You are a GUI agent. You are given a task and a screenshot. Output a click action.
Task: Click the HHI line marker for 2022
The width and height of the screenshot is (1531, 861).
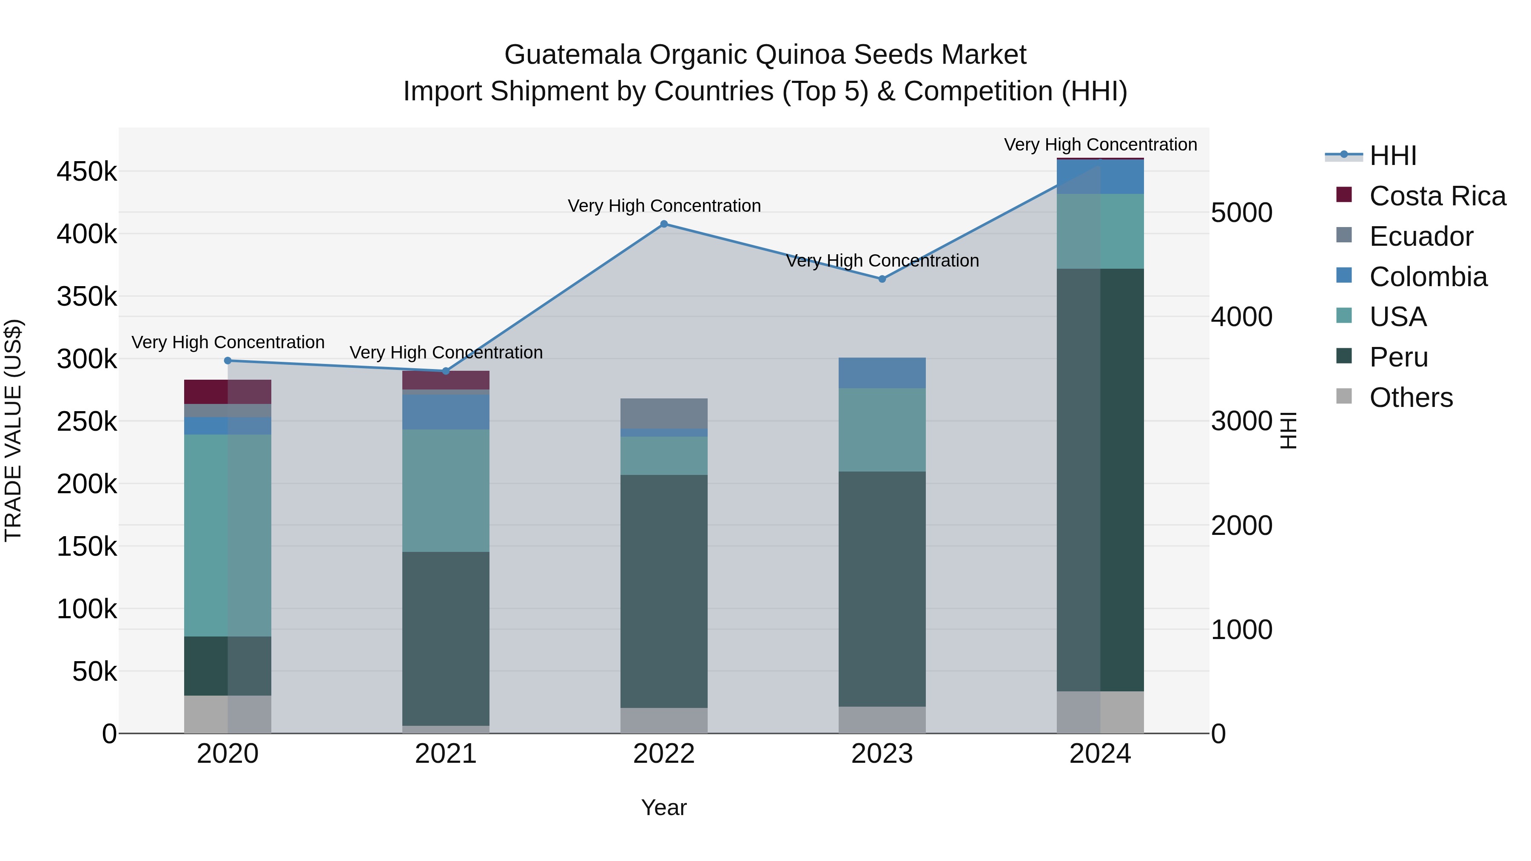[x=664, y=224]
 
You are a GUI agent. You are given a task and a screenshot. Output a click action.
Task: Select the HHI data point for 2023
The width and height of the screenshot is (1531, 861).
[x=882, y=278]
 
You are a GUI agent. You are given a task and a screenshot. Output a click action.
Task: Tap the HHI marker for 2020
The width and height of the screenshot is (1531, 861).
[x=228, y=361]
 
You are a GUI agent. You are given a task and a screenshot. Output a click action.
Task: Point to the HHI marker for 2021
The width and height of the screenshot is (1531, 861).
[x=446, y=371]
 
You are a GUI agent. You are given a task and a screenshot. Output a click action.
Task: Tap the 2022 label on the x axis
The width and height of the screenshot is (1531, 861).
[x=664, y=754]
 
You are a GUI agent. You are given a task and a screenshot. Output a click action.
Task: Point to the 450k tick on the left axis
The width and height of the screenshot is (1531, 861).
[x=87, y=172]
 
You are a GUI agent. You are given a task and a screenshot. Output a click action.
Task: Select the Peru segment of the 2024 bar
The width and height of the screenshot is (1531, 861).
[x=1100, y=480]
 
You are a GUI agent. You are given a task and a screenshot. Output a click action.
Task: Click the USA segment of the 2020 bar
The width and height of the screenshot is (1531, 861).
[x=228, y=535]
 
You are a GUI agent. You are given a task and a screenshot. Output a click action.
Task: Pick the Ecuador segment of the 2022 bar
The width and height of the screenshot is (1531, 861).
[x=664, y=414]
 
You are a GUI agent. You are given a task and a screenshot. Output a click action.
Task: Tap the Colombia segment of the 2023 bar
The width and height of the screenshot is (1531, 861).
[x=882, y=372]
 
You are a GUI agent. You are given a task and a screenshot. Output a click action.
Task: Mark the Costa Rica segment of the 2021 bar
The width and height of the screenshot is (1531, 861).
[x=446, y=380]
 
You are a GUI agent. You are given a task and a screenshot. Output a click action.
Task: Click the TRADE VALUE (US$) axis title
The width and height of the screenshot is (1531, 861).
[x=14, y=430]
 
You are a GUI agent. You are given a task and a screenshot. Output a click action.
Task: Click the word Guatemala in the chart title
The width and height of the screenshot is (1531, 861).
[x=572, y=55]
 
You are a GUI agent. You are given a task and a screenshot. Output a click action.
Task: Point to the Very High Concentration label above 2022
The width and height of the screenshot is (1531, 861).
[x=664, y=206]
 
